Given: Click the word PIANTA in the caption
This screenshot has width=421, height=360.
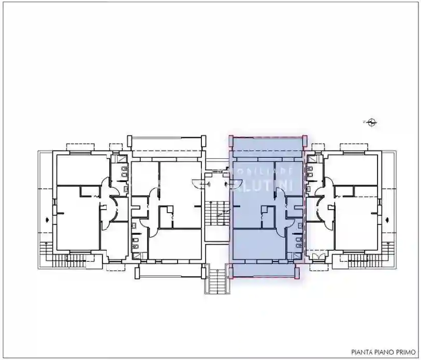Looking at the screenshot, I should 361,351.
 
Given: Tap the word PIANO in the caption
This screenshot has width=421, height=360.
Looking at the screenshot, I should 383,351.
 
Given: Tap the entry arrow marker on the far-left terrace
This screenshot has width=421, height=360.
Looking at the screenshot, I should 48,219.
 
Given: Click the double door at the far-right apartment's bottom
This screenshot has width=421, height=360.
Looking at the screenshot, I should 316,256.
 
